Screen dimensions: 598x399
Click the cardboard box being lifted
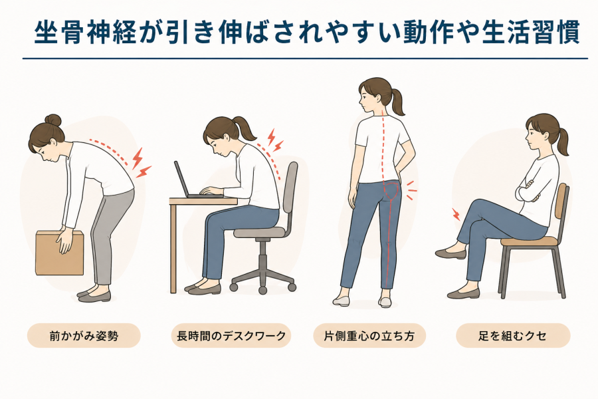(x=60, y=253)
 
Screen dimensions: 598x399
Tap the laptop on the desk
(x=195, y=182)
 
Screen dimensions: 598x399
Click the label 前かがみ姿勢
(x=84, y=336)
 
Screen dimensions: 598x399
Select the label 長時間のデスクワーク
(x=231, y=336)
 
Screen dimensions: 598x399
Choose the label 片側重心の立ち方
(x=369, y=336)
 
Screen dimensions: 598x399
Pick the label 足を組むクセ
(x=513, y=336)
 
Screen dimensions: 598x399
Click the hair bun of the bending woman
(x=52, y=120)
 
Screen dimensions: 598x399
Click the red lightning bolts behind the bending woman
(x=141, y=164)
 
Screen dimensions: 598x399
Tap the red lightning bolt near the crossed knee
(x=456, y=214)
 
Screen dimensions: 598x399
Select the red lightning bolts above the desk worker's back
(x=275, y=140)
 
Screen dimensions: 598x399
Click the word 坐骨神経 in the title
(x=86, y=33)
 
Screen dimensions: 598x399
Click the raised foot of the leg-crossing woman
(x=450, y=254)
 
